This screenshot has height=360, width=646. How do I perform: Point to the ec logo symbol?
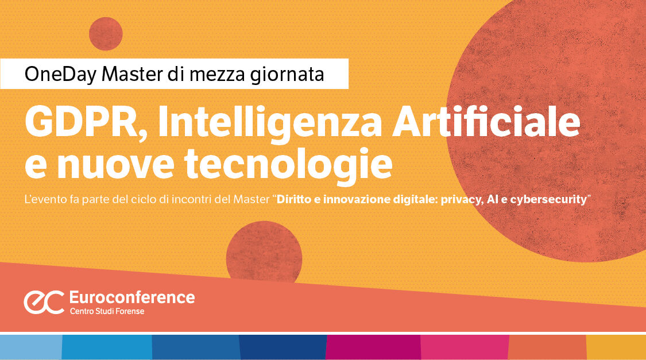43,302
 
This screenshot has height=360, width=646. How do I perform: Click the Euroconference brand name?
131,297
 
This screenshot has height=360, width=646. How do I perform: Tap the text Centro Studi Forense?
107,311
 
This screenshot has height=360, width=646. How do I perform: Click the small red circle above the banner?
106,34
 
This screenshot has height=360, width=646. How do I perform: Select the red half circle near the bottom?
264,253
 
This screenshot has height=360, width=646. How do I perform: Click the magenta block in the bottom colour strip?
373,347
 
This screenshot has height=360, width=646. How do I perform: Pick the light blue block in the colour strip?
30,347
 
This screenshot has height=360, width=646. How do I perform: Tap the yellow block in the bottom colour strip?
616,347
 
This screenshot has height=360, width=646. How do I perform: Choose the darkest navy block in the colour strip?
283,347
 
